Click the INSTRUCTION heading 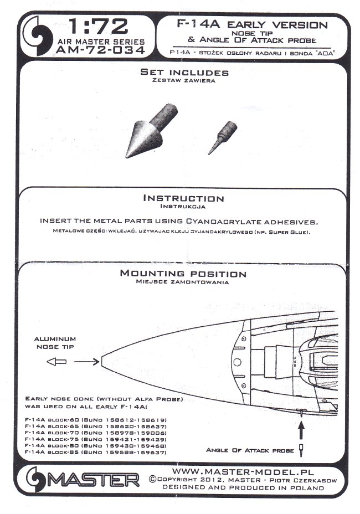click(x=184, y=198)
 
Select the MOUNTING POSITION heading click(x=183, y=274)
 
